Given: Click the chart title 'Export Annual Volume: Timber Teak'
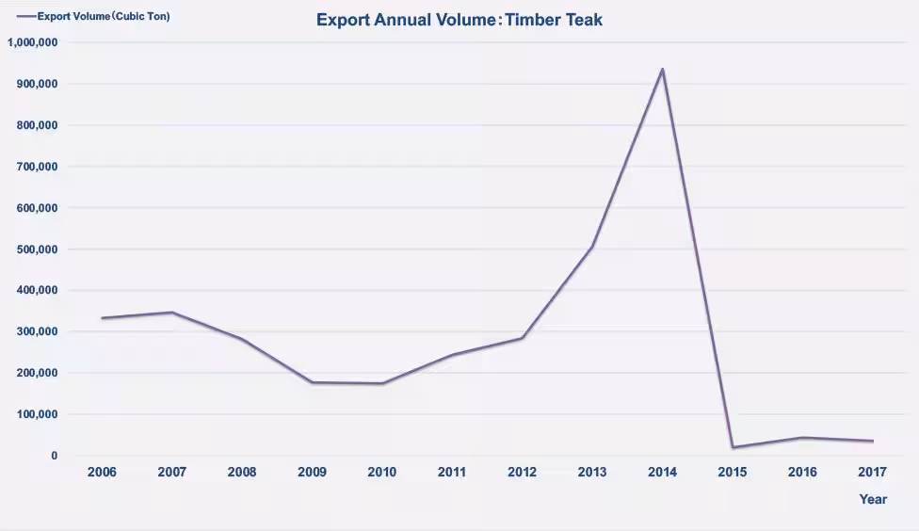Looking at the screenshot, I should click(459, 20).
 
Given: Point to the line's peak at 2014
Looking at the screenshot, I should click(663, 70).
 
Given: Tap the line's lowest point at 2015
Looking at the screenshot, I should click(733, 447).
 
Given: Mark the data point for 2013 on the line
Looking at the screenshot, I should click(592, 247).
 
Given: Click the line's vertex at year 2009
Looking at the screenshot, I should click(313, 382).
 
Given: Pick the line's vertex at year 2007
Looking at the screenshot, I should click(172, 313).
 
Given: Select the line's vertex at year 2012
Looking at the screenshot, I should click(523, 338).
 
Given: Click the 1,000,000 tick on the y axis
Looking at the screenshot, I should click(33, 42).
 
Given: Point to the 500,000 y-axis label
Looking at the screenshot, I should click(37, 249).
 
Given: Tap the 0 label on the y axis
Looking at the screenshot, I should click(54, 456).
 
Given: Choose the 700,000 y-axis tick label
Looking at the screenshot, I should click(37, 167).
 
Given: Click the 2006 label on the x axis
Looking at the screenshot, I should click(102, 472).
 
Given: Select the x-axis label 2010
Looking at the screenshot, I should click(382, 472).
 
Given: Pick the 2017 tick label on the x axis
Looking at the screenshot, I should click(873, 472).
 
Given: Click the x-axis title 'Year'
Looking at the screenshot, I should click(873, 500).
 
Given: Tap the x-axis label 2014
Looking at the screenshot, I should click(663, 472).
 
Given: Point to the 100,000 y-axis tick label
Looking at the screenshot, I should click(37, 414).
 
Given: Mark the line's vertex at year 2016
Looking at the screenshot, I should click(803, 438).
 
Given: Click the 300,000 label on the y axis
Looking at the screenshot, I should click(37, 331).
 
